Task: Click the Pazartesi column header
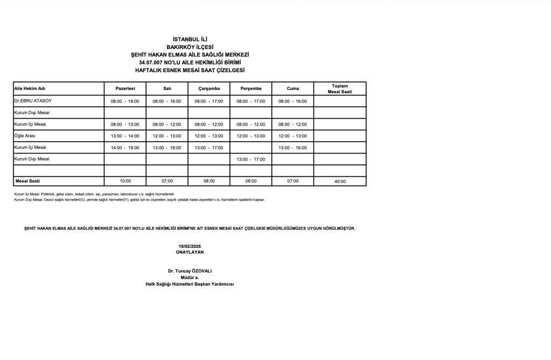(125, 88)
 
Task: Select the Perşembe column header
(250, 88)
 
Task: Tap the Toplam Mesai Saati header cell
(340, 88)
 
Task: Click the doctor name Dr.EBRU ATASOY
(33, 101)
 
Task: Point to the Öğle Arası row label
(25, 136)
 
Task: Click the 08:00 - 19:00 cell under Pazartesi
(125, 101)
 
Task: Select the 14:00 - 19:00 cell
(125, 148)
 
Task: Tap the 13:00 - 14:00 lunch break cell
(125, 136)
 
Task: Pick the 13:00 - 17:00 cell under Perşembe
(250, 160)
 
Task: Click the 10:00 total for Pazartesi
(125, 181)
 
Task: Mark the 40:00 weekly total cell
(340, 182)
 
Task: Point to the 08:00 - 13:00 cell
(125, 124)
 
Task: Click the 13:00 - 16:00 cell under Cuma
(292, 148)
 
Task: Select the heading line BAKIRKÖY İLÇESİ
(190, 47)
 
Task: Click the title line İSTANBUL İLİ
(190, 39)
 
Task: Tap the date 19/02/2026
(190, 246)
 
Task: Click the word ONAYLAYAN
(190, 252)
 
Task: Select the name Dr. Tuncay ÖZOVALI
(190, 271)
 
